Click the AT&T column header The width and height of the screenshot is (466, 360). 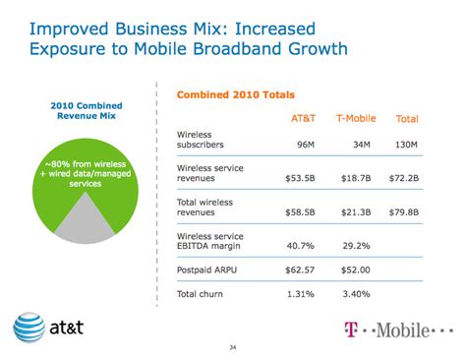pos(304,118)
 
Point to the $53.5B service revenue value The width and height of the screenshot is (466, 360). pos(304,180)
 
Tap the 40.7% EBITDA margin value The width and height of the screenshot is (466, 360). pos(306,246)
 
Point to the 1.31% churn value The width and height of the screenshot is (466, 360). pos(306,292)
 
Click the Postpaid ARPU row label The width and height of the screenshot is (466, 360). pos(207,269)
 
